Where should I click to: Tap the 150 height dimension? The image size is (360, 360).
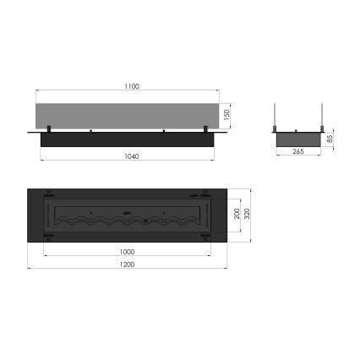click(226, 114)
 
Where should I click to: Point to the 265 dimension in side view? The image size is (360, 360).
click(297, 153)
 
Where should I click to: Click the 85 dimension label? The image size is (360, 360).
click(329, 139)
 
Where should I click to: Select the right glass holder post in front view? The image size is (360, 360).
click(205, 129)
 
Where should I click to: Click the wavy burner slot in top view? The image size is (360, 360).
click(127, 218)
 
